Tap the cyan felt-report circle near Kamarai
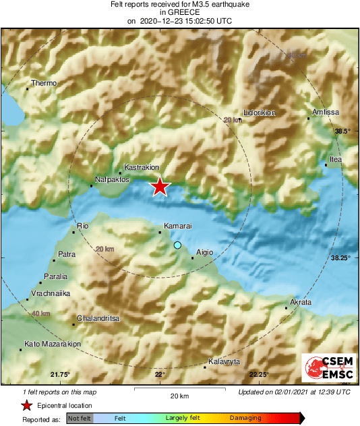[x=178, y=245]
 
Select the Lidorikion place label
[x=260, y=113]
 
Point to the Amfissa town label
[x=326, y=112]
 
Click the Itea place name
[x=335, y=160]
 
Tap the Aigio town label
[x=204, y=253]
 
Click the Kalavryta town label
[x=224, y=362]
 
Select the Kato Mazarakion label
[x=53, y=344]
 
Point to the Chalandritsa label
[x=98, y=318]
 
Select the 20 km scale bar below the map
[x=160, y=390]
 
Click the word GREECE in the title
[x=179, y=12]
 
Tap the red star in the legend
[x=26, y=405]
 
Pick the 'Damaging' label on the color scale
[x=245, y=418]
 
